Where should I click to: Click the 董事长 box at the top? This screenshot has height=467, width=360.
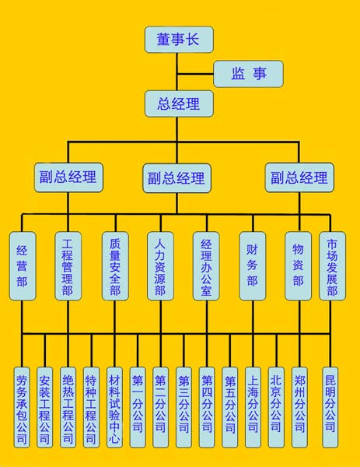[178, 39]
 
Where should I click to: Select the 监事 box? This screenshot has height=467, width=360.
[248, 74]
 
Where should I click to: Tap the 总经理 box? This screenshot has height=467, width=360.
[178, 103]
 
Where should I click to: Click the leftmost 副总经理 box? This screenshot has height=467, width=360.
[68, 177]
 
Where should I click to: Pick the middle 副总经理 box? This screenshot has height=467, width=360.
[177, 178]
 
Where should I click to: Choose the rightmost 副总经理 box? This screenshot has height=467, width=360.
[299, 177]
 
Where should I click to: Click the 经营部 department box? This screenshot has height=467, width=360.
[22, 265]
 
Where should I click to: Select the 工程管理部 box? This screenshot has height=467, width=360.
[68, 265]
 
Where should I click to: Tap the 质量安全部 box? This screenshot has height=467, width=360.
[114, 265]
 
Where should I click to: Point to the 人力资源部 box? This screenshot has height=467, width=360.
[160, 265]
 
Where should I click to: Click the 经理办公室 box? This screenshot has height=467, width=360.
[206, 265]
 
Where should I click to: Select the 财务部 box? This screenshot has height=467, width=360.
[252, 265]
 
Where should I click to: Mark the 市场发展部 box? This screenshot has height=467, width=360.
[332, 265]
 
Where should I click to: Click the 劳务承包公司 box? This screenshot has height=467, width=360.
[22, 406]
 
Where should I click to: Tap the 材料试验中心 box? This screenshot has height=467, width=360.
[114, 406]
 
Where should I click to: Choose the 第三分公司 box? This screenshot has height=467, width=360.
[183, 406]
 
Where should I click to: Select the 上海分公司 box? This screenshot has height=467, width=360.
[253, 406]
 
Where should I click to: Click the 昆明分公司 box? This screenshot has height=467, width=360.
[331, 406]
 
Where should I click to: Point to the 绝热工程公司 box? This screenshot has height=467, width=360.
[68, 406]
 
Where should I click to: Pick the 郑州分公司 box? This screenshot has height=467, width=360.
[299, 406]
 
